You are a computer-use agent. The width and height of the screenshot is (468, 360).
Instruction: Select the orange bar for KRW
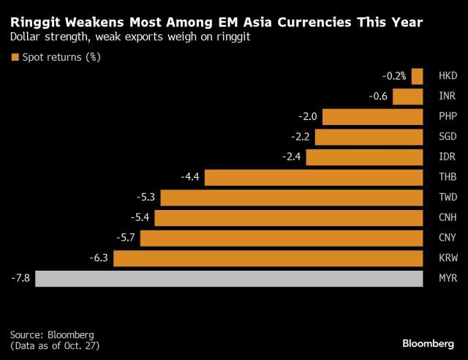[268, 258]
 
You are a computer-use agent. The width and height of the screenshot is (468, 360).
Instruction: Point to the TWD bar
[291, 198]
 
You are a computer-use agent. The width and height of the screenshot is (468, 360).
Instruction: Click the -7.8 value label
[21, 278]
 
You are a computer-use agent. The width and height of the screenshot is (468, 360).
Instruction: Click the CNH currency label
[447, 218]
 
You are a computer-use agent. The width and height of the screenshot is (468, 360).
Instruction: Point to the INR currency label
[447, 97]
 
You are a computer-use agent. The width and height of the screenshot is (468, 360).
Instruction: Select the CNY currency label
[447, 238]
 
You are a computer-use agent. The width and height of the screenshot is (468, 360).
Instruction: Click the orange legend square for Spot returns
[15, 57]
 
